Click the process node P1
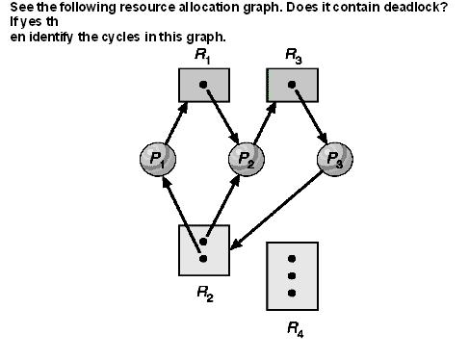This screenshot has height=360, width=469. pos(155,157)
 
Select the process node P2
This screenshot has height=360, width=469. pos(246,157)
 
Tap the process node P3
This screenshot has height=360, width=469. pos(334,157)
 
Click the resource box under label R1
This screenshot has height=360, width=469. pos(203,85)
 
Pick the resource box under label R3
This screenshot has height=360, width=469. pos(293,85)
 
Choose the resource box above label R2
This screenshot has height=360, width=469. pos(203,249)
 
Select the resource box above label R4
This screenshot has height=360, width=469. pos(292,276)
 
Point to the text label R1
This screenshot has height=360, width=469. pos(202,56)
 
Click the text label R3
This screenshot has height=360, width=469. pos(293,56)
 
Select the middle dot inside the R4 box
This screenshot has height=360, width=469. pos(292,276)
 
